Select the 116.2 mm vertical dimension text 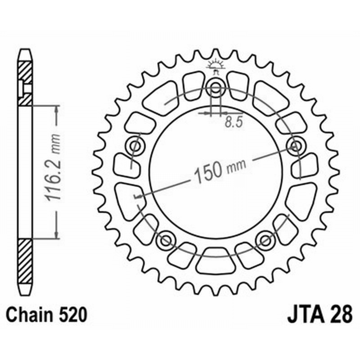coord(53,168)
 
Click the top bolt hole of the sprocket coord(216,87)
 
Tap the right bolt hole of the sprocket coord(296,145)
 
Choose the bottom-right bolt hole coord(265,240)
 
